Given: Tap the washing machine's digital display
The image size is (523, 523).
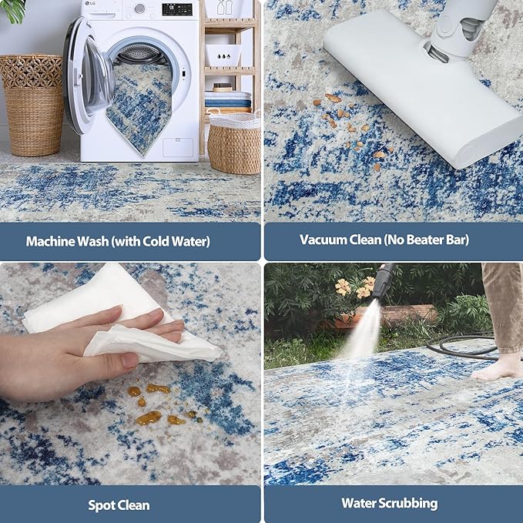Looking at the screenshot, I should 177,9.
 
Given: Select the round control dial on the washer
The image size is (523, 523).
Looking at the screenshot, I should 139,8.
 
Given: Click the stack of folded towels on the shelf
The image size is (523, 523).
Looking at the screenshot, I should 228,100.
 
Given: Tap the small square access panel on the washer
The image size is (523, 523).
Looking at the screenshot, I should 179,147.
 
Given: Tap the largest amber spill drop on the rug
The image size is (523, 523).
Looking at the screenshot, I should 149,417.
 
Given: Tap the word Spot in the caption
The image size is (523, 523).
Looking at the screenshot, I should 102,505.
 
